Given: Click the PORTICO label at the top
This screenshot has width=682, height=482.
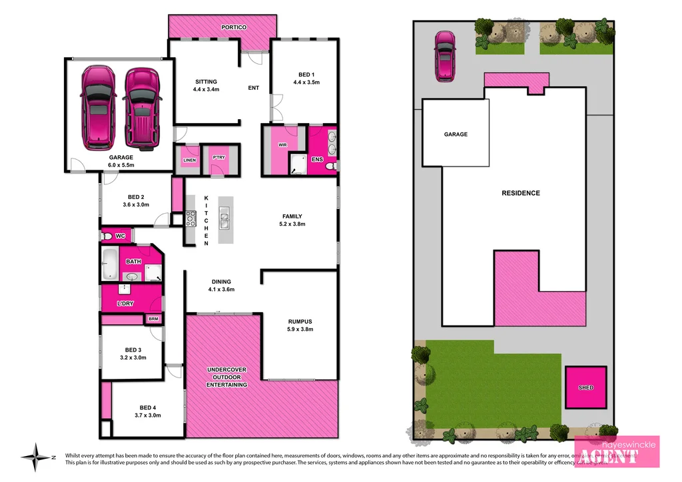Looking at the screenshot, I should coord(233,27).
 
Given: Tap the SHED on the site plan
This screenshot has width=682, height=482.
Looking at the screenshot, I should coord(585,387).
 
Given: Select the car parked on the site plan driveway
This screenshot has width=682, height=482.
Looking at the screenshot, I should coord(444,57).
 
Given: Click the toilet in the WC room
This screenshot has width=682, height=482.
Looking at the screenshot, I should coord(107,236).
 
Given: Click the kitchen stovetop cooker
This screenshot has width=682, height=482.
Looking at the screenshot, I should coord(190,217).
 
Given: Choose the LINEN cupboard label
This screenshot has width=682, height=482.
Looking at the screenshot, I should coord(188,159).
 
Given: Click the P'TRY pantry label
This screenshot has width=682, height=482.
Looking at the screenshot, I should coord(217,157).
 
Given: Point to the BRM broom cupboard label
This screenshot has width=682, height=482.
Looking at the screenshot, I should coord(154,320).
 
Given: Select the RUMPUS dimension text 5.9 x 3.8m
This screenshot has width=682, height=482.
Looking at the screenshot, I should coord(300,329).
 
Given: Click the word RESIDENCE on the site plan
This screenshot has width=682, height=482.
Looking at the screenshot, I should coord(521,193).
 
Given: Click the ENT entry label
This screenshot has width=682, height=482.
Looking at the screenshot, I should coord(253,88).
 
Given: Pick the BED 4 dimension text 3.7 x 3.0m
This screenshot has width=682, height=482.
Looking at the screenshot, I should coord(148,415).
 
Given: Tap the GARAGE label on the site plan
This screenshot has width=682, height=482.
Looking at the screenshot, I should coord(456,134).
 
